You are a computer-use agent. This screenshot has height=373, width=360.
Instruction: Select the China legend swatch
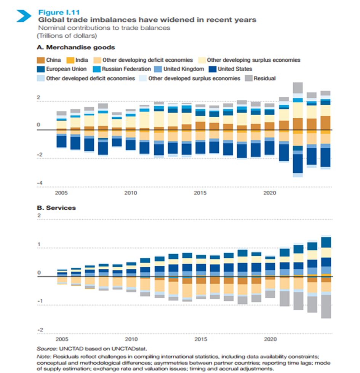coord(41,60)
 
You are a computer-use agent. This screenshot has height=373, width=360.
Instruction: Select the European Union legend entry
coord(66,69)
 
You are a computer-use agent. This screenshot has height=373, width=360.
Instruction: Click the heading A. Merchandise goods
coord(76,48)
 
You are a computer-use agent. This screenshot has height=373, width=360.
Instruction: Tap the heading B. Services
coord(56,208)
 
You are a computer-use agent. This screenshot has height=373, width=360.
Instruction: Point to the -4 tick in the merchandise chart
coord(40,183)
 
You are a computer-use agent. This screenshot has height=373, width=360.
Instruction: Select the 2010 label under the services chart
coord(131,339)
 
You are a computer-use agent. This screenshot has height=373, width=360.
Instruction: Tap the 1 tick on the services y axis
coord(39,244)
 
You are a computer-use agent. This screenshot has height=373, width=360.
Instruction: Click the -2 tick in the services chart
coord(40,330)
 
